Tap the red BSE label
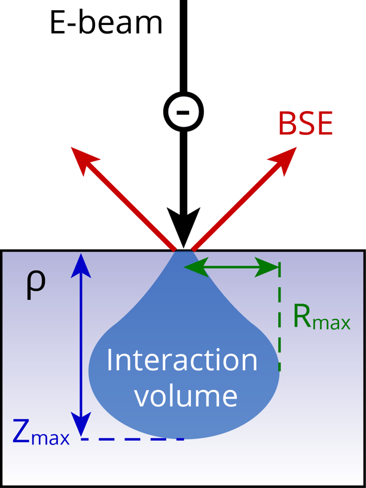tap(305, 125)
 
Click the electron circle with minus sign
tap(184, 111)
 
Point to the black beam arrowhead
tap(184, 227)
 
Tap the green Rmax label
tap(321, 318)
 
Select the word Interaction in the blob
tap(182, 360)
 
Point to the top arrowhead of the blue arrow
tap(82, 263)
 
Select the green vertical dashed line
tap(279, 323)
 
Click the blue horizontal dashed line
tap(132, 439)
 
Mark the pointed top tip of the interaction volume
tap(184, 253)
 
